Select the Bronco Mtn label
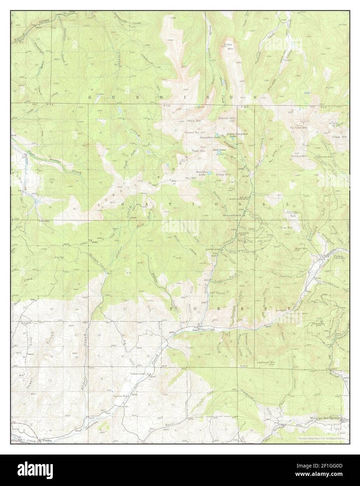(227, 118)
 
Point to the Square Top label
(192, 133)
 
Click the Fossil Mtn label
(198, 151)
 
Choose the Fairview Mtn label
(298, 128)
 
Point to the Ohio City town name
(208, 329)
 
